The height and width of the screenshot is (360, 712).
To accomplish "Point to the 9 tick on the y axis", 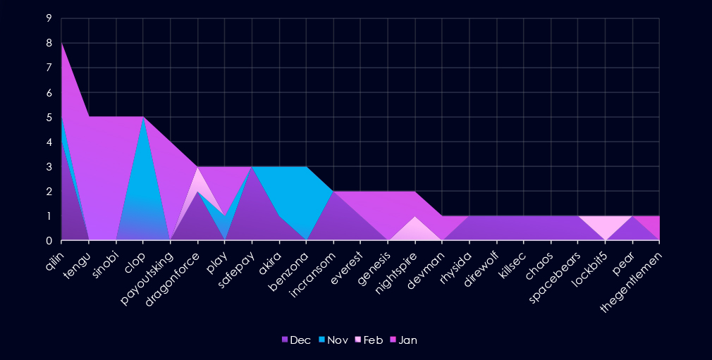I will click(49, 19).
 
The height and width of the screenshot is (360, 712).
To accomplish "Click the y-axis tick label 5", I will click(49, 118).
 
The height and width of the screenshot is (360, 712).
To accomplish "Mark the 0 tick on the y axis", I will click(49, 241).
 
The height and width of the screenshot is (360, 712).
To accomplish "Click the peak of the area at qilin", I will click(62, 44).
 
